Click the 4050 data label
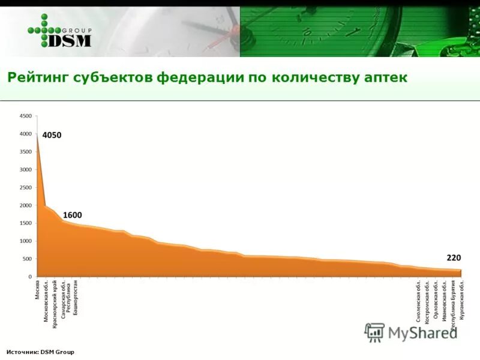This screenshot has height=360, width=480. coord(52,135)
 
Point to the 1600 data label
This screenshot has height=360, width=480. coord(72,215)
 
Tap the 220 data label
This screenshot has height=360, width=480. coord(453,257)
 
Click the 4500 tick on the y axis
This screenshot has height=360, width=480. coord(26,115)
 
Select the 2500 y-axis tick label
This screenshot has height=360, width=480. coord(26,187)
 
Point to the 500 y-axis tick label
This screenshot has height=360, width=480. coord(28,259)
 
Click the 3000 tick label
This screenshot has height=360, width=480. coord(26,169)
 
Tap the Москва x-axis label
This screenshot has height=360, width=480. coord(37,289)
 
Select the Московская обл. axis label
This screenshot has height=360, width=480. coord(46,301)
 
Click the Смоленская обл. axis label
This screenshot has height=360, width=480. coord(418,305)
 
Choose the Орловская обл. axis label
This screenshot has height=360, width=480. coord(436,307)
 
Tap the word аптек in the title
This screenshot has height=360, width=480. coord(386,78)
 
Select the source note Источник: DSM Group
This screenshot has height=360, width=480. coord(40,352)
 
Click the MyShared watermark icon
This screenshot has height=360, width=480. coord(374,332)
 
